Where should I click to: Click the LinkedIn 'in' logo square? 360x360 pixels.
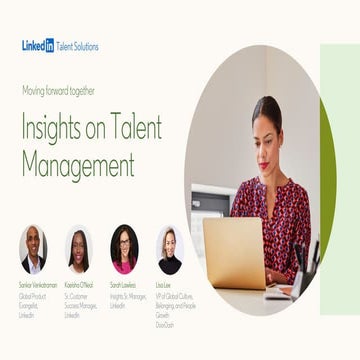pyautogui.click(x=50, y=45)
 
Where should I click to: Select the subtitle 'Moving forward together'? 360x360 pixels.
pyautogui.click(x=59, y=90)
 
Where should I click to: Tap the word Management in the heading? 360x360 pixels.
pyautogui.click(x=78, y=161)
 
